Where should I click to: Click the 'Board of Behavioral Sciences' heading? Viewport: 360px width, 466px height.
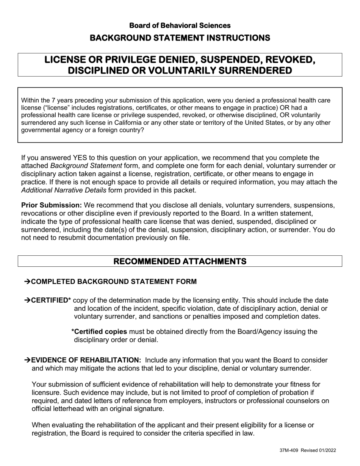(180, 25)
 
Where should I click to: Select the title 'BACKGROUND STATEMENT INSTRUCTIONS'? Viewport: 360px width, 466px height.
(180, 38)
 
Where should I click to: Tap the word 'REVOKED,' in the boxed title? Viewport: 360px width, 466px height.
(288, 60)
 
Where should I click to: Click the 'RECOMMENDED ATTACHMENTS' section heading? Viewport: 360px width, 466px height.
(180, 261)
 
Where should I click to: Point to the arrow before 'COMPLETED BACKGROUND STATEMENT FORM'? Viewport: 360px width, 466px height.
(27, 281)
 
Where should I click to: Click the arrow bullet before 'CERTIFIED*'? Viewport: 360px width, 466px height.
(27, 300)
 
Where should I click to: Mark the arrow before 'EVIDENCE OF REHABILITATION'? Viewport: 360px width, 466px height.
(27, 360)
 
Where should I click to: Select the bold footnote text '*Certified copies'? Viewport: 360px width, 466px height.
(99, 332)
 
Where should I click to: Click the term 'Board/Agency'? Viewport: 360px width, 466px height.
(260, 332)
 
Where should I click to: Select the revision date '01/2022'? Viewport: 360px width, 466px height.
(327, 450)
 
